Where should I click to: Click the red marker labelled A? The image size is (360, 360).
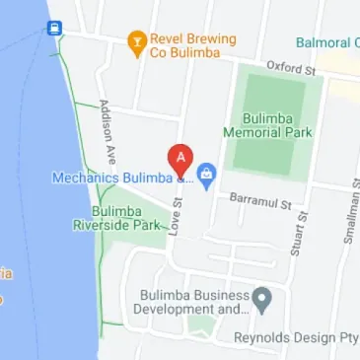click(x=180, y=158)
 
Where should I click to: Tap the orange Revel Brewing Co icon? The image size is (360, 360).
click(x=136, y=40)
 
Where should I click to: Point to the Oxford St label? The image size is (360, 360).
click(x=290, y=67)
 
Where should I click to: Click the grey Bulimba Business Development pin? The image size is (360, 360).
click(x=261, y=297)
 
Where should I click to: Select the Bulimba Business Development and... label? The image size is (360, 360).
click(x=193, y=302)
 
